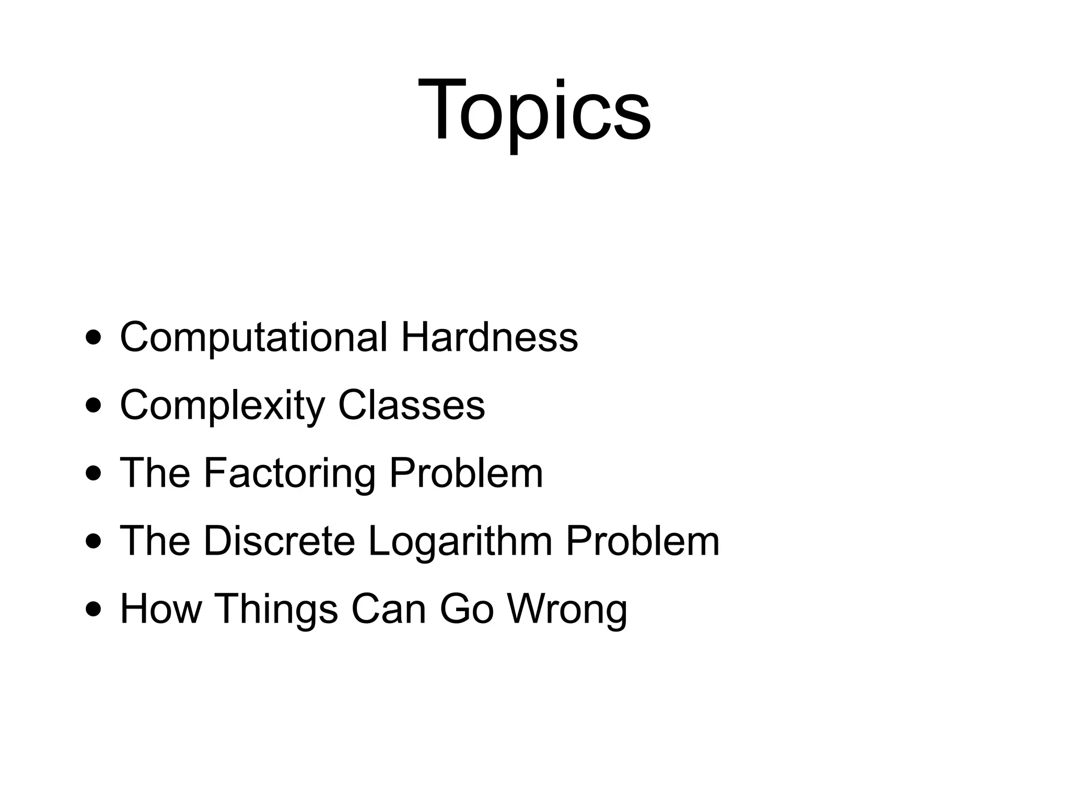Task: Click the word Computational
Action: tap(254, 338)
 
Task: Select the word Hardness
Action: tap(489, 337)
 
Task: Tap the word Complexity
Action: tap(223, 406)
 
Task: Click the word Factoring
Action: tap(289, 474)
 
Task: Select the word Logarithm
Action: tap(460, 542)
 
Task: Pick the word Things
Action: tap(276, 610)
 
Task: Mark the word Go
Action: tap(467, 609)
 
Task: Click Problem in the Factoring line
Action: tap(466, 473)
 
